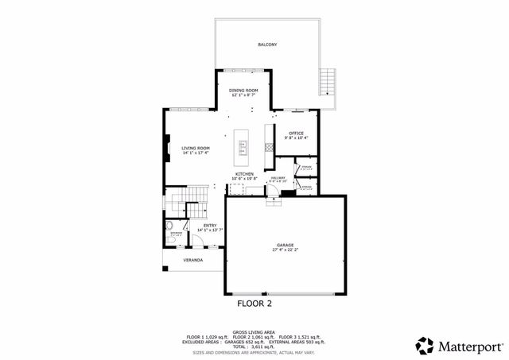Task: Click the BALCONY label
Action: [x=266, y=45]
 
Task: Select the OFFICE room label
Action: [x=296, y=133]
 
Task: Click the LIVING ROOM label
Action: [x=195, y=149]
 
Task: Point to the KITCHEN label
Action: [x=243, y=173]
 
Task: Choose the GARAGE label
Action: [x=286, y=245]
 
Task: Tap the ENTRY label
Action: [x=210, y=226]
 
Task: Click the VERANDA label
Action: [x=192, y=260]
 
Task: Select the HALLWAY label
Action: [x=278, y=178]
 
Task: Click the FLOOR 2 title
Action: [x=254, y=303]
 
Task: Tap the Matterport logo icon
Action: [x=425, y=346]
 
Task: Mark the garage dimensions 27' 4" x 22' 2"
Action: [x=286, y=250]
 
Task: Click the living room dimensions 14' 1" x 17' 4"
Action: [x=195, y=153]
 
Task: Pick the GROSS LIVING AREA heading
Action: [x=254, y=332]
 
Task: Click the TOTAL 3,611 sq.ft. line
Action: [x=254, y=347]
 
